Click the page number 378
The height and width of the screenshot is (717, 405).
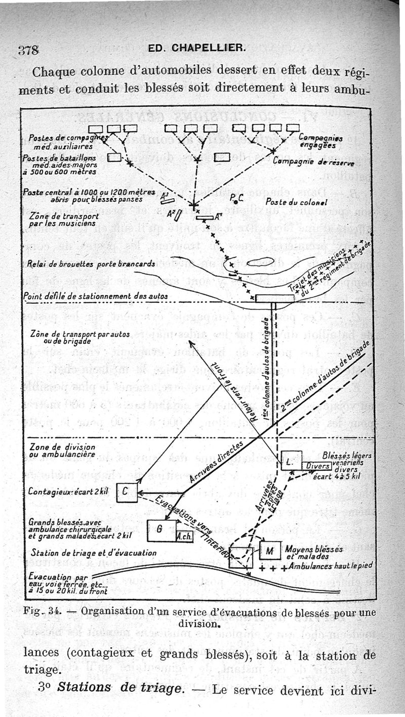[x=29, y=50]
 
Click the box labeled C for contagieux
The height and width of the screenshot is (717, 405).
[x=127, y=492]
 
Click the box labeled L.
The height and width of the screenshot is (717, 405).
[x=291, y=461]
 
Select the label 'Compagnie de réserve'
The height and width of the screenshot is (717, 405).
[x=313, y=162]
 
